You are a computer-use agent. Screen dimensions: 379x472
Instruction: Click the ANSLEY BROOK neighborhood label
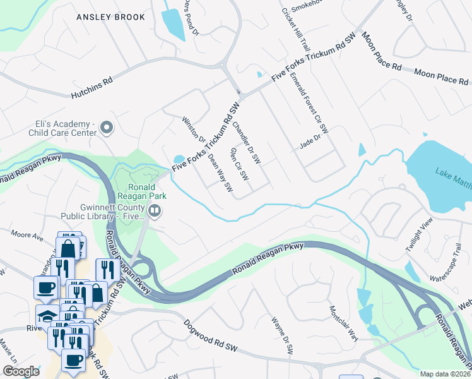[110, 17]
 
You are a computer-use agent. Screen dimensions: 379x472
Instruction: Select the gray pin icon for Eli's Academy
[107, 128]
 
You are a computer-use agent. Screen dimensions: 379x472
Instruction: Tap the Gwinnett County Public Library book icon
[155, 210]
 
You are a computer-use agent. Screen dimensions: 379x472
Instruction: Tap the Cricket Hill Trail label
[297, 30]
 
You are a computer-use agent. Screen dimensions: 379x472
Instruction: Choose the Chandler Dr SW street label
[246, 140]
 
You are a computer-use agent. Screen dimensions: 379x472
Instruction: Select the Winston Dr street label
[194, 129]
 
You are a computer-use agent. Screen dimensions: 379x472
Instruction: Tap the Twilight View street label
[420, 235]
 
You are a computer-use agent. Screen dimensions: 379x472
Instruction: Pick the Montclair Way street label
[344, 322]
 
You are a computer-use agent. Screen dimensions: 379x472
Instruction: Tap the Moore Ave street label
[27, 236]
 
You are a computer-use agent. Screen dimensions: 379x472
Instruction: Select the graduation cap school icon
[46, 315]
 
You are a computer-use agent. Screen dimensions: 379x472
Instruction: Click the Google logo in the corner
[21, 371]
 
